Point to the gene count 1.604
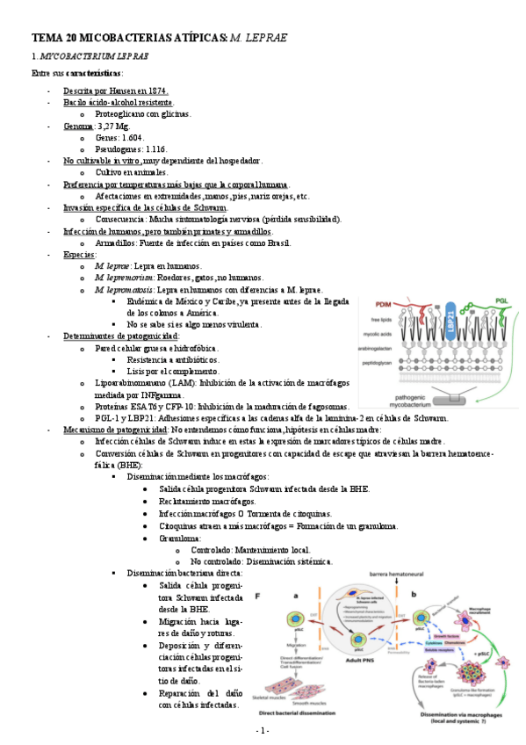132,138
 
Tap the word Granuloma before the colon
180,538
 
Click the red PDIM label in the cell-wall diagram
384,304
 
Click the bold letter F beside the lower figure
258,596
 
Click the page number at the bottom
262,731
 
